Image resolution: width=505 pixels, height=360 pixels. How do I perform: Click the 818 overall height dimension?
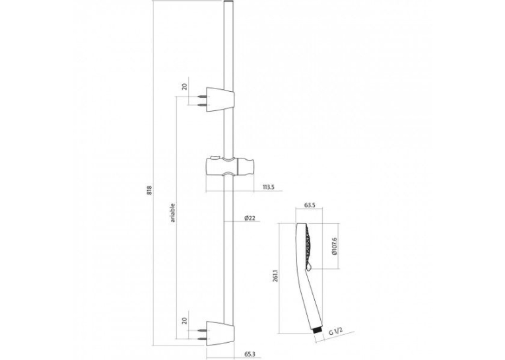(x=149, y=190)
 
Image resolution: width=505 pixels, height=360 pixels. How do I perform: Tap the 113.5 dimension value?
(x=268, y=187)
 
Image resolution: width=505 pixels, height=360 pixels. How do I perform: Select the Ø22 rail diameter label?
(x=250, y=218)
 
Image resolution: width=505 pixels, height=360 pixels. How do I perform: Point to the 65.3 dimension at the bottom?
(x=250, y=354)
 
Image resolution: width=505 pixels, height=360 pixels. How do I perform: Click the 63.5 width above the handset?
(x=309, y=205)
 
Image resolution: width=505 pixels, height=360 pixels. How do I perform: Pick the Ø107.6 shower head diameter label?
(x=334, y=246)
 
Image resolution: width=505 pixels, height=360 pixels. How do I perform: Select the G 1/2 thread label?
(x=335, y=332)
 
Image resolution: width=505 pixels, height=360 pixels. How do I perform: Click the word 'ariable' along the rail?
(x=173, y=213)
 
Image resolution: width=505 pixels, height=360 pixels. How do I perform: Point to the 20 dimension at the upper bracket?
(x=185, y=87)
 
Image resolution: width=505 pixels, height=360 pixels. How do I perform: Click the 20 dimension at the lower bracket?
(x=185, y=320)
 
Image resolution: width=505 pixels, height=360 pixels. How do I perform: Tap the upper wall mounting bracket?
(x=220, y=99)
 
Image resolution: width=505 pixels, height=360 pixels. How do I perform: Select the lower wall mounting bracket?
(x=220, y=334)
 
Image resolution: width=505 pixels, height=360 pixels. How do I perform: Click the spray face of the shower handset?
(x=309, y=245)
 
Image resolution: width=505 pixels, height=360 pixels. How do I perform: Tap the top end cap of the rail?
(x=228, y=2)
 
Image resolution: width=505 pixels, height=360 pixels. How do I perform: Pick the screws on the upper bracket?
(x=202, y=100)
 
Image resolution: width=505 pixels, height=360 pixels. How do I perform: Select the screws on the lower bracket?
(x=202, y=335)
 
